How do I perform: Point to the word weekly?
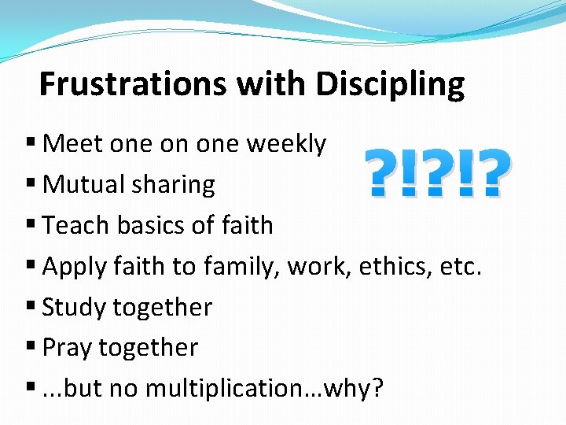(286, 144)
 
